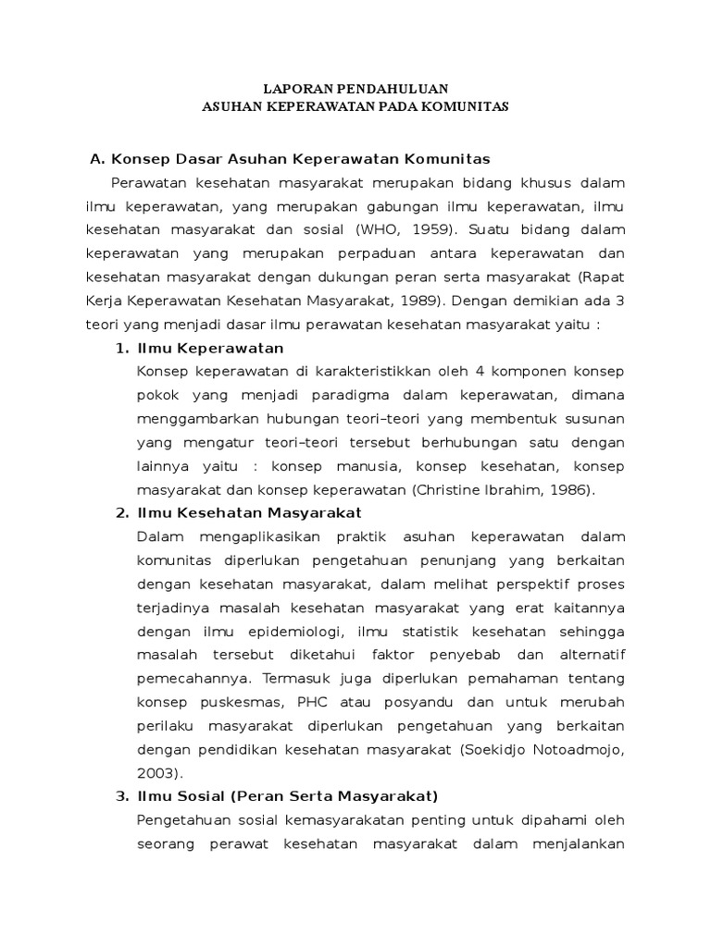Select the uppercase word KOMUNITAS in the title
tap(463, 106)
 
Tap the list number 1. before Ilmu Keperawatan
tap(120, 348)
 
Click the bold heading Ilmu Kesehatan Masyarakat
tap(249, 512)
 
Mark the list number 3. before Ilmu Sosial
tap(120, 796)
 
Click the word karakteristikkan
tap(353, 372)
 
